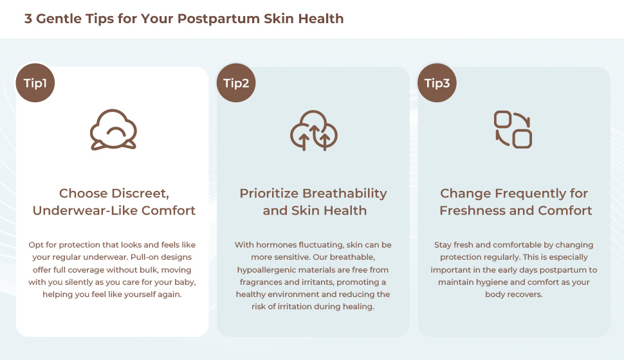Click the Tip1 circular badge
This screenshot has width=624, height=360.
click(x=35, y=83)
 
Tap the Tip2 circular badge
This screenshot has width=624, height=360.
click(x=236, y=83)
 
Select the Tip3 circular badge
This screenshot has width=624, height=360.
click(x=437, y=83)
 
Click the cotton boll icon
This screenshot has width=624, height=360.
click(x=113, y=130)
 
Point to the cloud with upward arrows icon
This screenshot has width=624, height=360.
click(x=313, y=130)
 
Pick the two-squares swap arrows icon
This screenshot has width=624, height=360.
click(x=513, y=130)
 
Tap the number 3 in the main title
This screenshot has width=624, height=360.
click(x=28, y=19)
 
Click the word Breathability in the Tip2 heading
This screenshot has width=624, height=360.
click(x=344, y=194)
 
